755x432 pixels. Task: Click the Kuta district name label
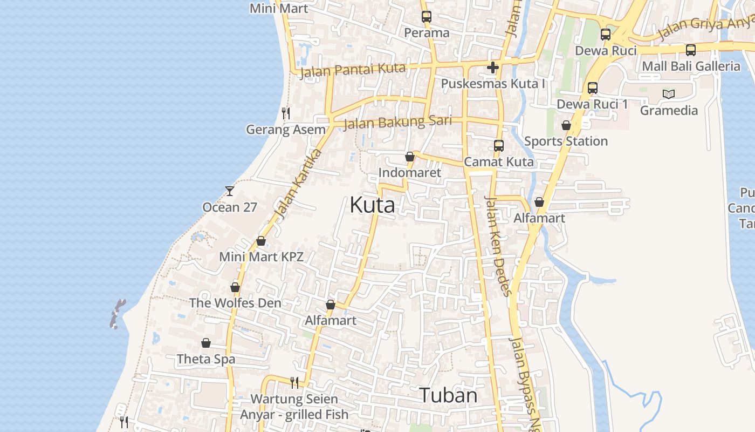[372, 205]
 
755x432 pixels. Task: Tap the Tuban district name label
[448, 395]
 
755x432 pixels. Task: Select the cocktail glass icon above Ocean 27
[230, 191]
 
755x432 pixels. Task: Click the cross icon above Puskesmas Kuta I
[492, 67]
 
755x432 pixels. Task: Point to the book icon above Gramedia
[669, 94]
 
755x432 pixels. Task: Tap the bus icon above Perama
[427, 16]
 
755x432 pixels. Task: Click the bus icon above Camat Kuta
[499, 145]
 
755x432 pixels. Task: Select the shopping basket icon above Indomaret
[410, 157]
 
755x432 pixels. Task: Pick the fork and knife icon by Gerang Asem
[286, 113]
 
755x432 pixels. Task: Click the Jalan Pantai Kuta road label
[353, 70]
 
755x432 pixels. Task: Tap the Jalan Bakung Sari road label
[397, 122]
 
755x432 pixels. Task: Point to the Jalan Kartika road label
[298, 184]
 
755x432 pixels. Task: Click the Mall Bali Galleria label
[691, 66]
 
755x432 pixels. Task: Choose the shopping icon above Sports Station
[566, 125]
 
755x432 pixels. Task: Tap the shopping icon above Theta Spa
[206, 343]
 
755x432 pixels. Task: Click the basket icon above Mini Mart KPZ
[261, 241]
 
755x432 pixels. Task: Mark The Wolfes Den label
[235, 303]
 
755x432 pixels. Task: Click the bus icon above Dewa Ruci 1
[593, 87]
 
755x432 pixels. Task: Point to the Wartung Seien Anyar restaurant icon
[294, 383]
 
